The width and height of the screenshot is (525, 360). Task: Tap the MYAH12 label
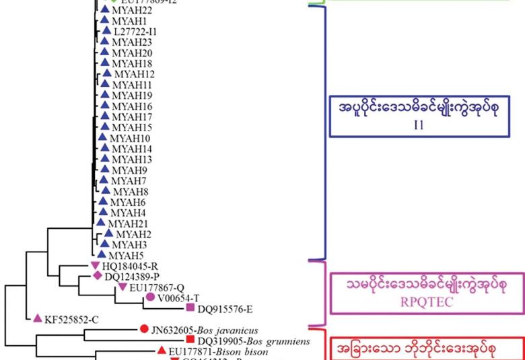coord(134,74)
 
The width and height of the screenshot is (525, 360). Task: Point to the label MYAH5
coord(125,255)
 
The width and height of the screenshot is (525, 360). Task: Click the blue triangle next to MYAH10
coord(102,137)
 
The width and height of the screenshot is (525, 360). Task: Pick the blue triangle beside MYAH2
coord(108,233)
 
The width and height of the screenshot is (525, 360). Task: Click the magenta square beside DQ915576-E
coord(190,308)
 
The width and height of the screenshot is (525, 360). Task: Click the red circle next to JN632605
coord(143,329)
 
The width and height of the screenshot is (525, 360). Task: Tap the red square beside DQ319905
coord(190,340)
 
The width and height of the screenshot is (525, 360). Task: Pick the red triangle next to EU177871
coord(161,351)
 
